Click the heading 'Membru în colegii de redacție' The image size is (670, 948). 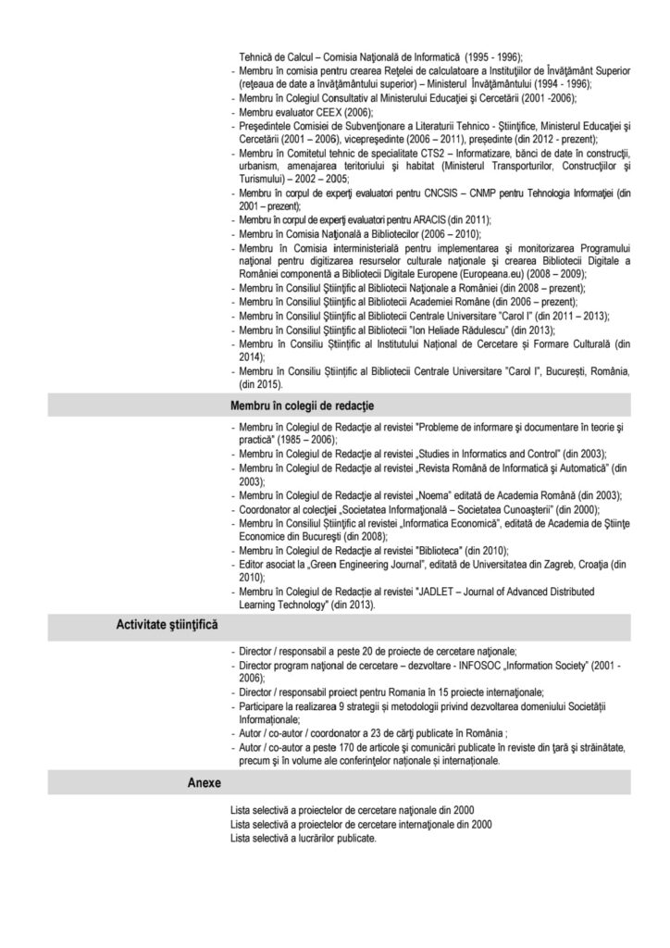click(301, 405)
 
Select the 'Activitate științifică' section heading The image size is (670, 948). click(166, 626)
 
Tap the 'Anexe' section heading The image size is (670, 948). click(205, 782)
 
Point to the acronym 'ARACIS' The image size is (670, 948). click(427, 219)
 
